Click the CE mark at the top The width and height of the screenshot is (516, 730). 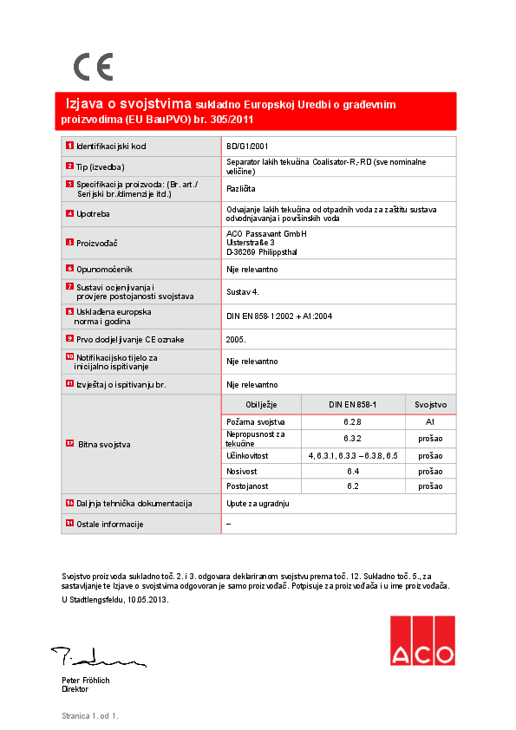click(93, 67)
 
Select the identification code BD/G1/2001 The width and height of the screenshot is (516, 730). click(247, 147)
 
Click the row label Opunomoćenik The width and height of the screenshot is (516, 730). click(104, 270)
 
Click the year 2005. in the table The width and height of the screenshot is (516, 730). click(236, 340)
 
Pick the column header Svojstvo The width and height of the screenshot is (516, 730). click(430, 405)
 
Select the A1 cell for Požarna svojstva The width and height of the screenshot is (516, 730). click(430, 421)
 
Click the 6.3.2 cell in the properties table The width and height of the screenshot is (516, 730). click(353, 439)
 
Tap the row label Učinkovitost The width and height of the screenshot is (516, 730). click(247, 455)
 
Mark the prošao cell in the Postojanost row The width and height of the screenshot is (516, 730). click(430, 486)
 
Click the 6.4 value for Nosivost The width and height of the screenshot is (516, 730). click(353, 471)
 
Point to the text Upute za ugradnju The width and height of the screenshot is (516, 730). click(258, 503)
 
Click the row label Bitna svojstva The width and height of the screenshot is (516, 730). click(104, 444)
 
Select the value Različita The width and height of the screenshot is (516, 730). click(241, 188)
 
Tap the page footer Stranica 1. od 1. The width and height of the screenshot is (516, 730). click(89, 716)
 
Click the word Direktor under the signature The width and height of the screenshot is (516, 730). click(75, 689)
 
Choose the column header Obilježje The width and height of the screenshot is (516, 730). click(261, 405)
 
